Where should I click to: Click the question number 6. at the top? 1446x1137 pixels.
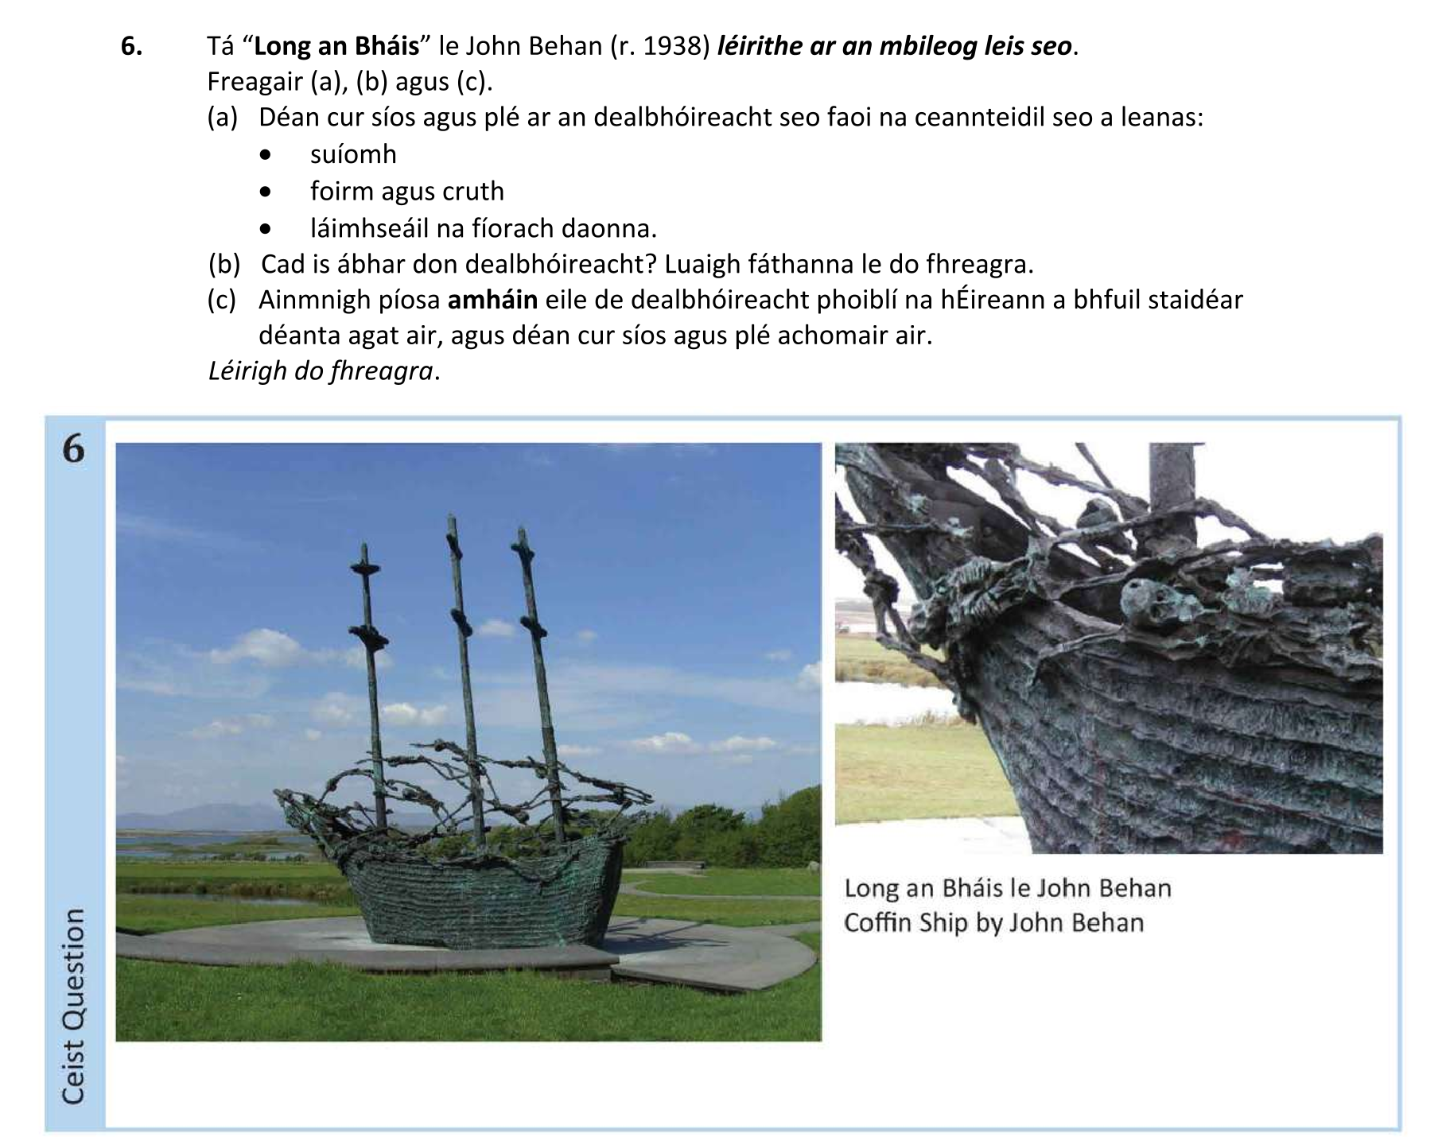pyautogui.click(x=132, y=46)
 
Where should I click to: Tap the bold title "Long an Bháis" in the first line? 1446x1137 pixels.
pyautogui.click(x=336, y=46)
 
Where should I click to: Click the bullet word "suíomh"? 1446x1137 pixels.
pyautogui.click(x=353, y=153)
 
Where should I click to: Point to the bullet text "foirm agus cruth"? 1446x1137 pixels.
pyautogui.click(x=406, y=191)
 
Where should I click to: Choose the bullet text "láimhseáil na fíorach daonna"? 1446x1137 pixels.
pyautogui.click(x=483, y=228)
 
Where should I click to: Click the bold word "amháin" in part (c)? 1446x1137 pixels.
pyautogui.click(x=492, y=300)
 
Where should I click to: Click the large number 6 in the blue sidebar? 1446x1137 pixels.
pyautogui.click(x=72, y=450)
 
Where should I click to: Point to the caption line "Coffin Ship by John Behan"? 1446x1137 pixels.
pyautogui.click(x=993, y=922)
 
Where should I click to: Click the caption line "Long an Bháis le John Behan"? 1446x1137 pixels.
pyautogui.click(x=1007, y=887)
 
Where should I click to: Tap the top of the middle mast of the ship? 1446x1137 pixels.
pyautogui.click(x=451, y=522)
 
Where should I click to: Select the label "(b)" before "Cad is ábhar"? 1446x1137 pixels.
pyautogui.click(x=224, y=263)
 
